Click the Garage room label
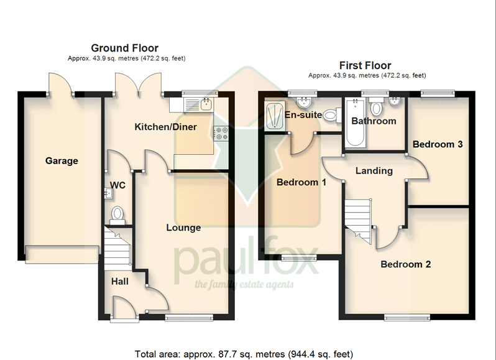[62, 160]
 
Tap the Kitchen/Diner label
[166, 127]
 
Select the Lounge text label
[183, 228]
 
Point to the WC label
[117, 185]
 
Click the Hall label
[120, 281]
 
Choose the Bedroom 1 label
[301, 182]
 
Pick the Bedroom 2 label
[405, 264]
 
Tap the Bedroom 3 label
[438, 144]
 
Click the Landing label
[374, 171]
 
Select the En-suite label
[303, 114]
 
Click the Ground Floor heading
[125, 48]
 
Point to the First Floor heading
[365, 65]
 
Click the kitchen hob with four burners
[221, 133]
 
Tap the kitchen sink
[206, 103]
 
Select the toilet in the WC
[117, 215]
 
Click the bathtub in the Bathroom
[356, 122]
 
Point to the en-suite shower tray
[275, 116]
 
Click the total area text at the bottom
[244, 354]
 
